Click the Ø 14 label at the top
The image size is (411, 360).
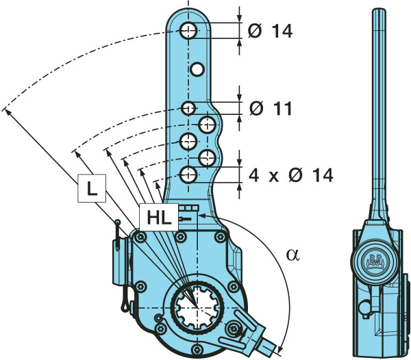point(272,31)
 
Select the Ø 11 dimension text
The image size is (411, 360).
point(271,108)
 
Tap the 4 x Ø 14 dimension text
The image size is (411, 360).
point(290,175)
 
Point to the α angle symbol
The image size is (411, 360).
point(292,255)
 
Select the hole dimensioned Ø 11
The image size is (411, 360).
point(189,108)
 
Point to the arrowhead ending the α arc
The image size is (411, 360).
point(280,345)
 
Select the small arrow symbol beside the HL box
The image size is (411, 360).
point(186,218)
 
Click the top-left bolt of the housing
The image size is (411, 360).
point(140,236)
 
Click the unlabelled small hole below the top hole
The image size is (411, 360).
point(197,69)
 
